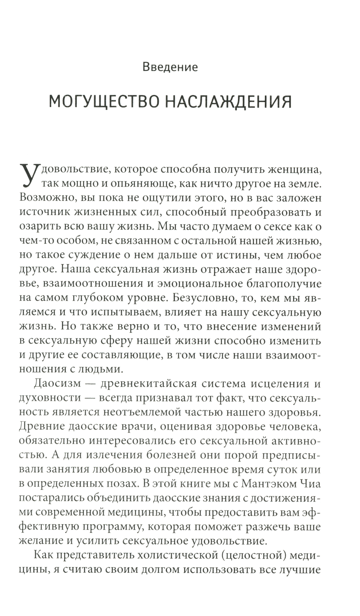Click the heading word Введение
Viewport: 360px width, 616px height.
[170, 67]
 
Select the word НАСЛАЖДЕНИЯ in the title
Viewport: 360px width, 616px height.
[228, 102]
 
